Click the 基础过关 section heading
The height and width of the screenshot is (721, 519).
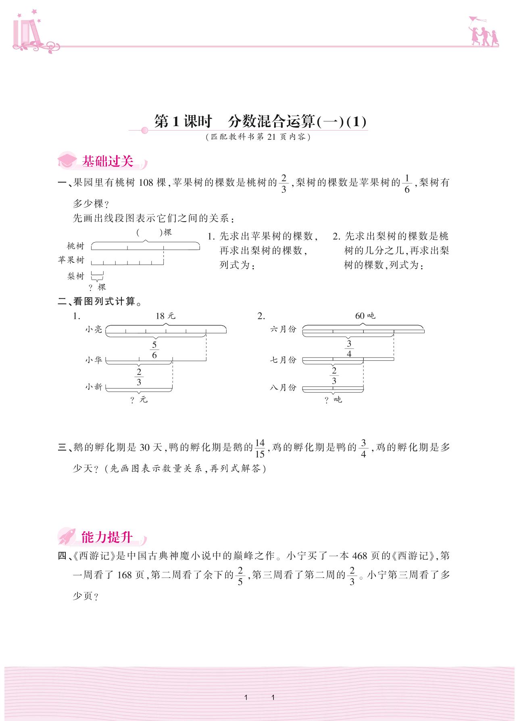pyautogui.click(x=107, y=162)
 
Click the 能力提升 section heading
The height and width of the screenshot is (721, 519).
pyautogui.click(x=106, y=537)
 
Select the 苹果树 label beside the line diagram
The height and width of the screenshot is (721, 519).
pyautogui.click(x=71, y=260)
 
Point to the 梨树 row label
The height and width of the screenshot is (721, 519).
pyautogui.click(x=76, y=276)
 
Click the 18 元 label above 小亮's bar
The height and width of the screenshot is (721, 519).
pyautogui.click(x=165, y=316)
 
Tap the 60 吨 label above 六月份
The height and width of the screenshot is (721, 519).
pyautogui.click(x=365, y=316)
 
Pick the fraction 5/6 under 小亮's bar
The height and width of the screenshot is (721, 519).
pyautogui.click(x=154, y=350)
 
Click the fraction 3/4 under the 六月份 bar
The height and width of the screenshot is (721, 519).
pyautogui.click(x=349, y=349)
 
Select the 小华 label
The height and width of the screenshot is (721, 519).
pyautogui.click(x=94, y=360)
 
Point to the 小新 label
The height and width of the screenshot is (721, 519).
pyautogui.click(x=94, y=387)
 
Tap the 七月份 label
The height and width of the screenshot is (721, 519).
pyautogui.click(x=283, y=360)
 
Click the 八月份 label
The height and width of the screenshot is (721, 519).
pyautogui.click(x=283, y=387)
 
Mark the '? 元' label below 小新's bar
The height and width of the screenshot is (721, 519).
pyautogui.click(x=139, y=400)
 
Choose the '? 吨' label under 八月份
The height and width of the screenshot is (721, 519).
pyautogui.click(x=333, y=400)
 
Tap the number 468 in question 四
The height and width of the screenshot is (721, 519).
pyautogui.click(x=359, y=556)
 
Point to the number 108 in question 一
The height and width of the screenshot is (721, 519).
pyautogui.click(x=146, y=183)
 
